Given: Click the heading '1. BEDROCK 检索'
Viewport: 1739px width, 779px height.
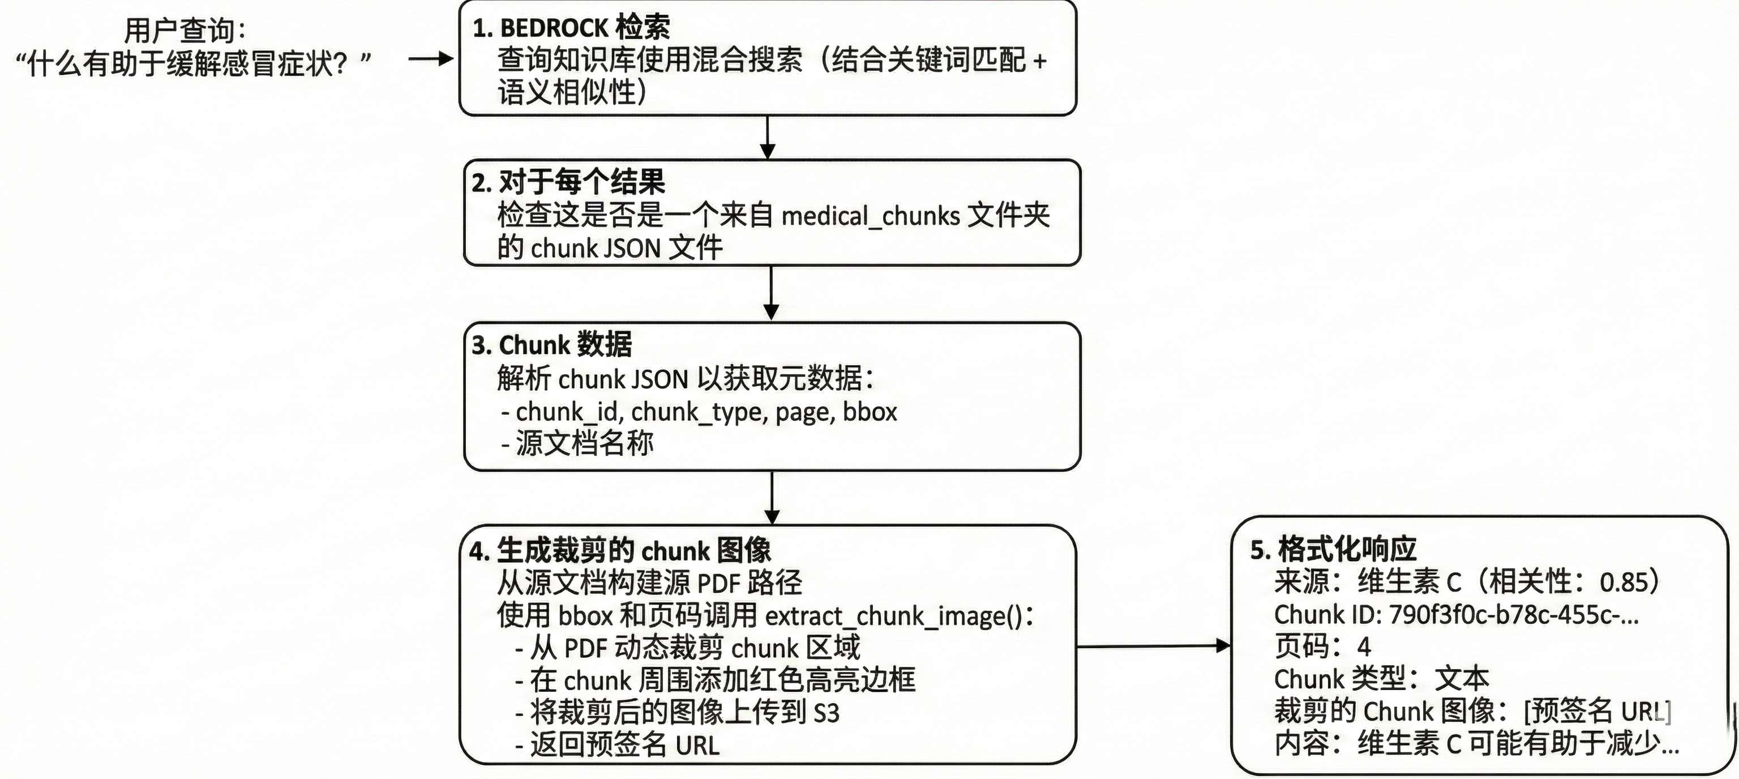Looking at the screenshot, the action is [x=571, y=28].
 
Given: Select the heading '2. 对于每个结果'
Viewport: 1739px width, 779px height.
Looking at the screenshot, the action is [x=568, y=182].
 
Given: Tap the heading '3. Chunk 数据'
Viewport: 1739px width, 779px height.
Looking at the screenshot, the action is [x=551, y=345].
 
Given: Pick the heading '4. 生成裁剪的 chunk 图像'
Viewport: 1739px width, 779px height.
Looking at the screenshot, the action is [x=620, y=551].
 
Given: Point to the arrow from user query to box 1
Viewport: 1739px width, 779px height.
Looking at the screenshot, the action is [x=431, y=59].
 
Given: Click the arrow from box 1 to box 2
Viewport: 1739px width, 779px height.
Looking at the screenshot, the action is [x=768, y=138].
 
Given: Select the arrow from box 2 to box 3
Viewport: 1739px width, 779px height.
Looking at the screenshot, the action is [x=771, y=294].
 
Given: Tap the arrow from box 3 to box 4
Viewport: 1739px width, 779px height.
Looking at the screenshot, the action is [x=772, y=498].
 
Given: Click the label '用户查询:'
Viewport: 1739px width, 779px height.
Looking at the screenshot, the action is [x=185, y=31].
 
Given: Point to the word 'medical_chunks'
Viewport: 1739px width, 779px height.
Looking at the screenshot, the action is [x=870, y=216].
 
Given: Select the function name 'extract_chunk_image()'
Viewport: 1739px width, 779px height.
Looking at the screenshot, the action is [x=894, y=615].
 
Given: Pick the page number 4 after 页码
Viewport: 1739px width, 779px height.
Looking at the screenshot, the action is [x=1364, y=647].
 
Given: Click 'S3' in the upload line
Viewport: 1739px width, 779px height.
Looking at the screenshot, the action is [x=826, y=713].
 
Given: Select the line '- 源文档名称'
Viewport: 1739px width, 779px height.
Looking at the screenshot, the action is [x=578, y=443].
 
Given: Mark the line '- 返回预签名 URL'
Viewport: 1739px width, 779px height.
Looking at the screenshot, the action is [x=617, y=745].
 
